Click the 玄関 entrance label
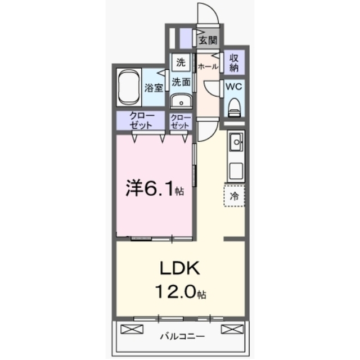click(208, 40)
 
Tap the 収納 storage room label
click(234, 62)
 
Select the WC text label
click(234, 87)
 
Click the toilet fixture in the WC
click(234, 107)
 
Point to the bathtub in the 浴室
click(129, 88)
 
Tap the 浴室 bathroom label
click(154, 88)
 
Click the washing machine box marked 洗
click(181, 62)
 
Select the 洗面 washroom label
click(181, 82)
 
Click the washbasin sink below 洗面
click(181, 101)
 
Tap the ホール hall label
click(208, 66)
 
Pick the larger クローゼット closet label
click(141, 120)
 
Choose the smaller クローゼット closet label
click(181, 121)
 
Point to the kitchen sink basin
click(236, 142)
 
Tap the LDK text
click(180, 268)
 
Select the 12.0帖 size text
click(180, 291)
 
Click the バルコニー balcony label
click(182, 336)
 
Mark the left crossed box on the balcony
click(132, 329)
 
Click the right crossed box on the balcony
click(232, 329)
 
